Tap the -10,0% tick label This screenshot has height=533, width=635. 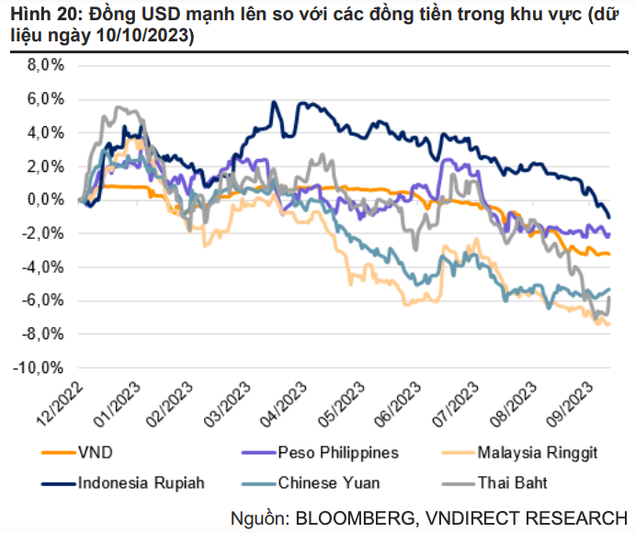point(40,367)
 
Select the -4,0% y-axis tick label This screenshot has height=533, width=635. point(42,266)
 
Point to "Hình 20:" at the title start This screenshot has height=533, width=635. point(39,14)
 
